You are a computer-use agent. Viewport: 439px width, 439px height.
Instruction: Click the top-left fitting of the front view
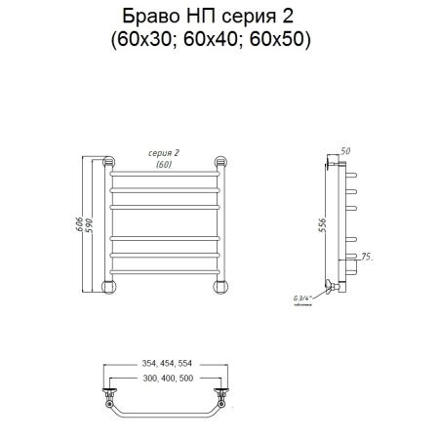pyautogui.click(x=109, y=160)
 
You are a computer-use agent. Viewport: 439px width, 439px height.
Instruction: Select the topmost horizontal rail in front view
pyautogui.click(x=167, y=174)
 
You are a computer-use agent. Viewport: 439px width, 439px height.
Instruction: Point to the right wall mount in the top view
pyautogui.click(x=222, y=398)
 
